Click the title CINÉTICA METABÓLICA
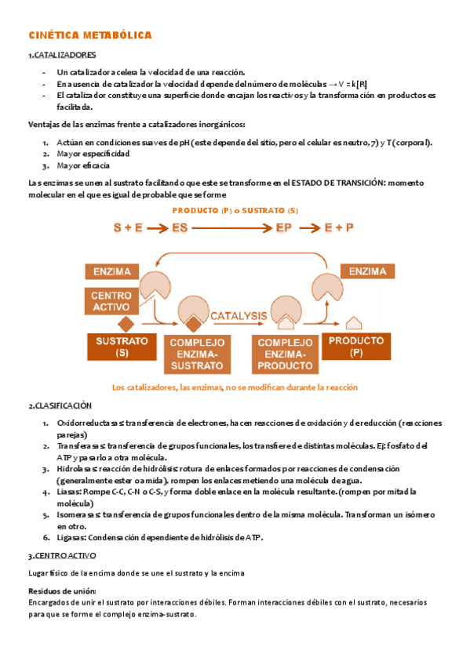89,35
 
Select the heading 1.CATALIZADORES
62,56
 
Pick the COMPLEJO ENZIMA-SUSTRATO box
197,354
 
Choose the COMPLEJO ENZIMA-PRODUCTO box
285,354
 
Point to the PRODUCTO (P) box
357,347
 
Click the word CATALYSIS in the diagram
239,315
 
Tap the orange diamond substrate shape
123,324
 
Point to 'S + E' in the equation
128,228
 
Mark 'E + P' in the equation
339,228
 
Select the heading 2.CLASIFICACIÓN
60,406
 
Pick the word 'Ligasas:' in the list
72,537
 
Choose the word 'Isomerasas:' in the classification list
78,514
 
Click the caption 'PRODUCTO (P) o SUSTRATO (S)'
235,211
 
